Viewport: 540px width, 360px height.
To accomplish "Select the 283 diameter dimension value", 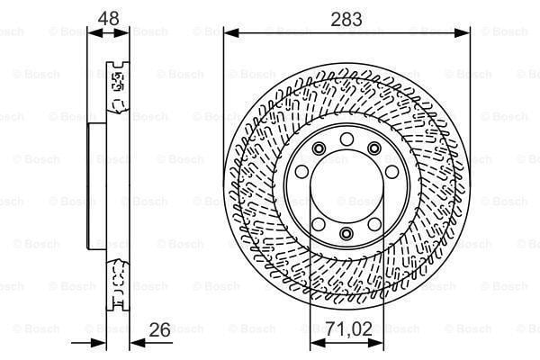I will tap(346, 18).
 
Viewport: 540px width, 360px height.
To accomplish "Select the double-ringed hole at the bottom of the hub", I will tap(346, 234).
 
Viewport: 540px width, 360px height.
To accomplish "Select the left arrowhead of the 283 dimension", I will tap(228, 32).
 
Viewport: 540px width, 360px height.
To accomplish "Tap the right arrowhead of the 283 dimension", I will tap(465, 32).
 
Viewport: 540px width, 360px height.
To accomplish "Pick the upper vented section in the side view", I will tap(116, 85).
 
